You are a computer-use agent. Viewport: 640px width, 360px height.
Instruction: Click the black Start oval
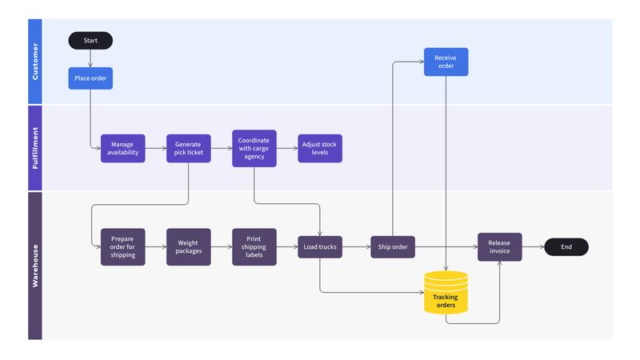[90, 40]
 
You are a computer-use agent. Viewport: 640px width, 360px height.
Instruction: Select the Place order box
[90, 78]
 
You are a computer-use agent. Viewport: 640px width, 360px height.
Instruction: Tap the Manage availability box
[123, 148]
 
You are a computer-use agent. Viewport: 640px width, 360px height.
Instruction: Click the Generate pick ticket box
[189, 148]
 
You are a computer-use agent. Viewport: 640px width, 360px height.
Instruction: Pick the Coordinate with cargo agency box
[254, 148]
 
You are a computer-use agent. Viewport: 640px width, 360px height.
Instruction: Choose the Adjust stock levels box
[320, 148]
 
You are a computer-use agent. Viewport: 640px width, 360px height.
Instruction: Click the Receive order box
[446, 62]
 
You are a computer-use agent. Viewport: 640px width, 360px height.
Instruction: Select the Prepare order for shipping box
[123, 247]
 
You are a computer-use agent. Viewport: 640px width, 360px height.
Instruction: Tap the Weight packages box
[189, 247]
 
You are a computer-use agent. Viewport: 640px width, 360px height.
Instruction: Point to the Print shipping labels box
[254, 247]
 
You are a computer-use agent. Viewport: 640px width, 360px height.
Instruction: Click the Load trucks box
[320, 247]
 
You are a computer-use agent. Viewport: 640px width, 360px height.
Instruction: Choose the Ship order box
[393, 247]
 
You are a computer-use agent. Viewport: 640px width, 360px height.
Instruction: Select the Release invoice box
[499, 247]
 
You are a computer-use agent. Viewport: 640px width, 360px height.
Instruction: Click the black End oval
[566, 247]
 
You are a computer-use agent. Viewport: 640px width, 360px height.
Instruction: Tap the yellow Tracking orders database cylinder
[446, 294]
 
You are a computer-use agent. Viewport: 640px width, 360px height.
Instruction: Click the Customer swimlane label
[34, 62]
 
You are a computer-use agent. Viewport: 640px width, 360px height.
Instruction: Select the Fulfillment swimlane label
[34, 148]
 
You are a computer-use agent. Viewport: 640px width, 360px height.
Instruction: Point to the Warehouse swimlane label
[34, 265]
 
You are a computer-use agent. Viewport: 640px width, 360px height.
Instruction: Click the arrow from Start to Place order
[90, 58]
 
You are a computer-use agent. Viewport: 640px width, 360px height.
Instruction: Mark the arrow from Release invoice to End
[533, 247]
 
